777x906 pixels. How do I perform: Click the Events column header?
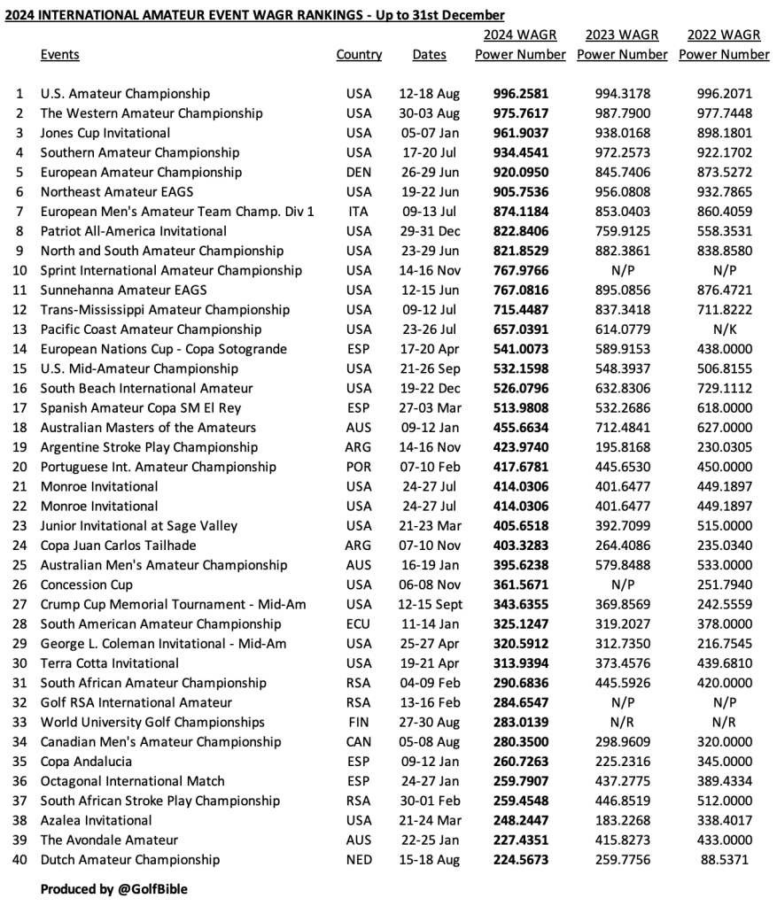pos(59,55)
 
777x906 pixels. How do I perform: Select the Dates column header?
pos(429,55)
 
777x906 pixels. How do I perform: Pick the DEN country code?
pos(359,172)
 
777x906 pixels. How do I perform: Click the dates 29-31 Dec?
pos(430,231)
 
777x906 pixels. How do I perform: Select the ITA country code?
pos(359,212)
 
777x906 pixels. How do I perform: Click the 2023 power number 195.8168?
pos(622,447)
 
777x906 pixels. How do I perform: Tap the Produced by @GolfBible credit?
pos(113,888)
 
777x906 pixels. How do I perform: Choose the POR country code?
pos(359,467)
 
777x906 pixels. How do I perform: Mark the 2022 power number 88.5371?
pos(724,859)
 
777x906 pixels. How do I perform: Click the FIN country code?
pos(359,722)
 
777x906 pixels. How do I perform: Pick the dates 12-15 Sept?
pos(430,604)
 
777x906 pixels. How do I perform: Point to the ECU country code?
pos(359,623)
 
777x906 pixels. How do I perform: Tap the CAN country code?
pos(359,741)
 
